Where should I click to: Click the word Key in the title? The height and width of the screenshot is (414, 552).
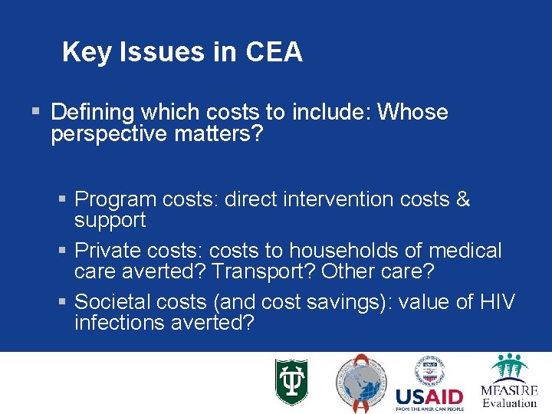81,52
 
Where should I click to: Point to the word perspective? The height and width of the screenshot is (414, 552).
112,134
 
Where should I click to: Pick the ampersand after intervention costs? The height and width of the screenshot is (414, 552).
462,199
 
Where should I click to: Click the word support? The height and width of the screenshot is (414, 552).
110,220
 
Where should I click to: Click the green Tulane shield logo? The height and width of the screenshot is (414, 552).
291,382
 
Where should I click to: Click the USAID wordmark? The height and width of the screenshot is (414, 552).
429,396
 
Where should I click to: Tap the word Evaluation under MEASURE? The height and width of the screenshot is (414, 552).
509,402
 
